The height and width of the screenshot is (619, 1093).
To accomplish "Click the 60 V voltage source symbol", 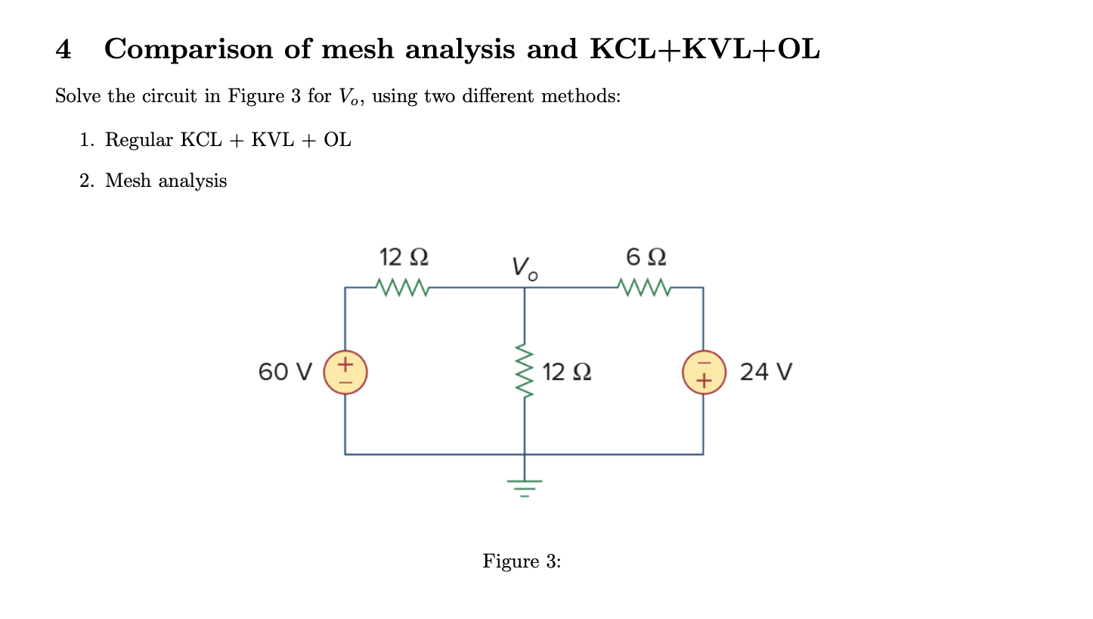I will pyautogui.click(x=345, y=372).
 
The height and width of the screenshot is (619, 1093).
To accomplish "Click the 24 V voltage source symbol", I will pyautogui.click(x=704, y=372).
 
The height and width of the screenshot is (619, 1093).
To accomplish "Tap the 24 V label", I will pyautogui.click(x=766, y=372).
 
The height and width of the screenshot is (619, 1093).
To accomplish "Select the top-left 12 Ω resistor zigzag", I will pyautogui.click(x=402, y=288).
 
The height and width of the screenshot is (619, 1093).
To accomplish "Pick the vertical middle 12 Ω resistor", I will pyautogui.click(x=524, y=372).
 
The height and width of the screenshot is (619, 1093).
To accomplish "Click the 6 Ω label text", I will pyautogui.click(x=646, y=257).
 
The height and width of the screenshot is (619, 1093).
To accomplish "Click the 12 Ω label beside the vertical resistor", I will pyautogui.click(x=567, y=372).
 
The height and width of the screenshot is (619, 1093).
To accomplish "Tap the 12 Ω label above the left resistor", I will pyautogui.click(x=404, y=257).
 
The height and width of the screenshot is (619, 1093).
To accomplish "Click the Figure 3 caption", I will pyautogui.click(x=522, y=561).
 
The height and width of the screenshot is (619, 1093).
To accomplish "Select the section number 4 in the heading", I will pyautogui.click(x=63, y=50).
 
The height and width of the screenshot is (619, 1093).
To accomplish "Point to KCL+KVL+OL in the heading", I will pyautogui.click(x=704, y=50).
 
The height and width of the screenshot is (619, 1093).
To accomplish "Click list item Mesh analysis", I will pyautogui.click(x=166, y=181).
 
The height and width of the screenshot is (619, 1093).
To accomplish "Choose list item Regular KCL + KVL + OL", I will pyautogui.click(x=227, y=140).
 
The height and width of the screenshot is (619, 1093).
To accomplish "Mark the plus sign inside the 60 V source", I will pyautogui.click(x=345, y=364).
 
